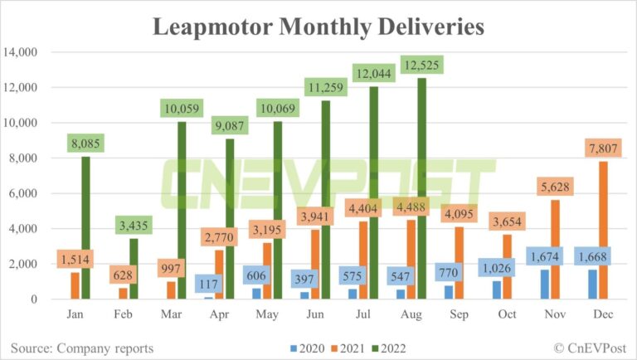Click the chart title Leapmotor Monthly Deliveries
[318, 27]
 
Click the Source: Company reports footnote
[83, 347]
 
